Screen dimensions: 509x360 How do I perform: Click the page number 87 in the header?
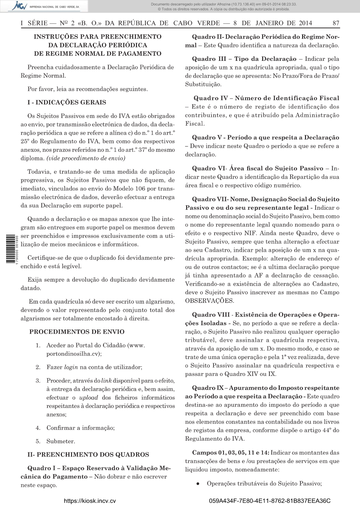pyautogui.click(x=336, y=23)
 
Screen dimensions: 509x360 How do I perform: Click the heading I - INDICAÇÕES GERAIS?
pyautogui.click(x=67, y=103)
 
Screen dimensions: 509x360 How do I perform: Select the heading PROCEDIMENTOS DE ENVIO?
pyautogui.click(x=77, y=332)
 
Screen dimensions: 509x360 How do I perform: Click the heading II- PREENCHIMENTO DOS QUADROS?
pyautogui.click(x=88, y=455)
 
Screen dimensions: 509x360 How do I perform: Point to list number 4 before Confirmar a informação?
pyautogui.click(x=37, y=428)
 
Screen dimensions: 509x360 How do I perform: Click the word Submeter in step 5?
pyautogui.click(x=60, y=441)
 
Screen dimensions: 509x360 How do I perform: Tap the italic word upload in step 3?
pyautogui.click(x=89, y=398)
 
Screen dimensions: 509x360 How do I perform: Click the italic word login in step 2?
pyautogui.click(x=71, y=367)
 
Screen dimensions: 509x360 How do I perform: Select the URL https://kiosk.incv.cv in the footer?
pyautogui.click(x=90, y=501)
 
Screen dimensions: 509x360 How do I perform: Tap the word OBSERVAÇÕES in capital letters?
pyautogui.click(x=209, y=301)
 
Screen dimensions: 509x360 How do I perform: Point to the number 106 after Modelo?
pyautogui.click(x=140, y=189)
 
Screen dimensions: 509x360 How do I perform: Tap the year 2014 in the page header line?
pyautogui.click(x=305, y=23)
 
